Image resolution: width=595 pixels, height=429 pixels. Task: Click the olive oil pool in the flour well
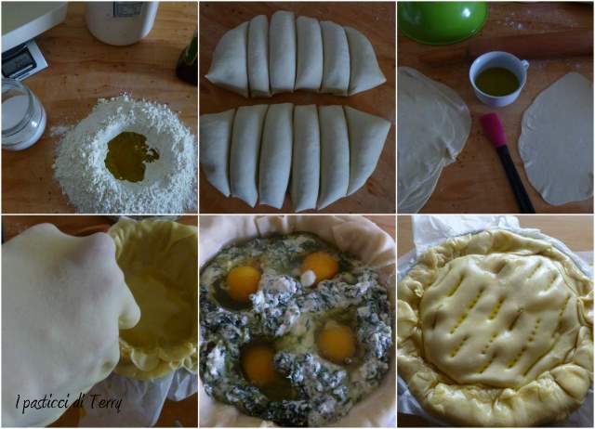click(129, 157)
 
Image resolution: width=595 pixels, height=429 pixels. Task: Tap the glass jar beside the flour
click(22, 114)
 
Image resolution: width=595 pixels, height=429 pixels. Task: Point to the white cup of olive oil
click(498, 79)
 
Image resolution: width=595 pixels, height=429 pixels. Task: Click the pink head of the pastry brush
click(494, 130)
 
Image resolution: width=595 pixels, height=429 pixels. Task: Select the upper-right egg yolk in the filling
click(321, 267)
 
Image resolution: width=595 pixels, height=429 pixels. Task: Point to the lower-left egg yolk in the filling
click(258, 363)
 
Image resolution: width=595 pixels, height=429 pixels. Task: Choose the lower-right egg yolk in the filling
click(337, 343)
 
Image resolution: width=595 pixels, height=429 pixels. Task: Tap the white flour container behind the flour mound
click(121, 20)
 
